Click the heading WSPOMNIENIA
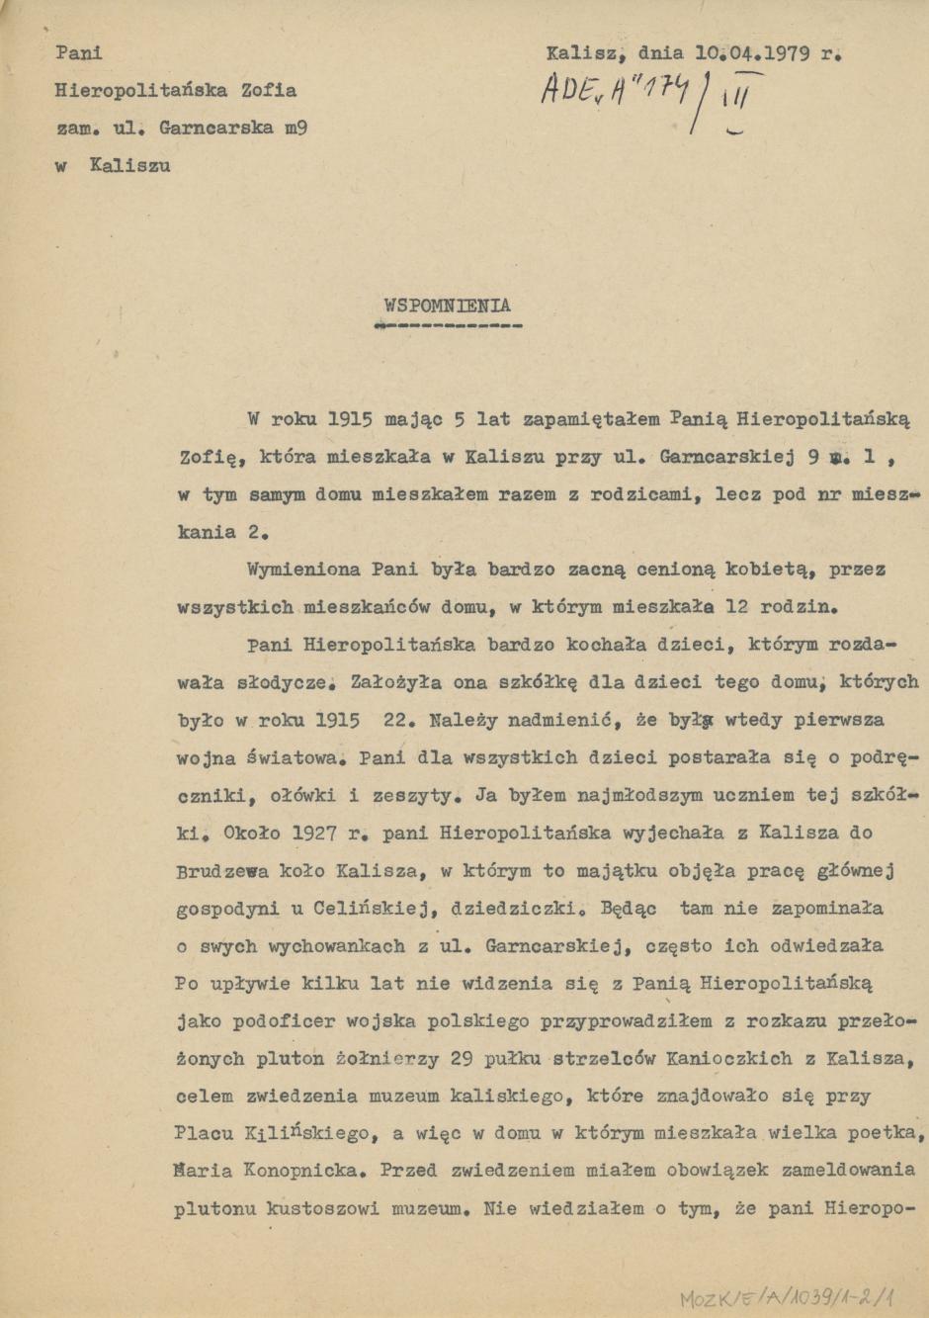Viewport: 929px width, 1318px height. coord(448,306)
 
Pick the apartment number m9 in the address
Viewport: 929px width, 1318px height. coord(296,128)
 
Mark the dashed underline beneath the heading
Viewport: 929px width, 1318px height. coord(453,324)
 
